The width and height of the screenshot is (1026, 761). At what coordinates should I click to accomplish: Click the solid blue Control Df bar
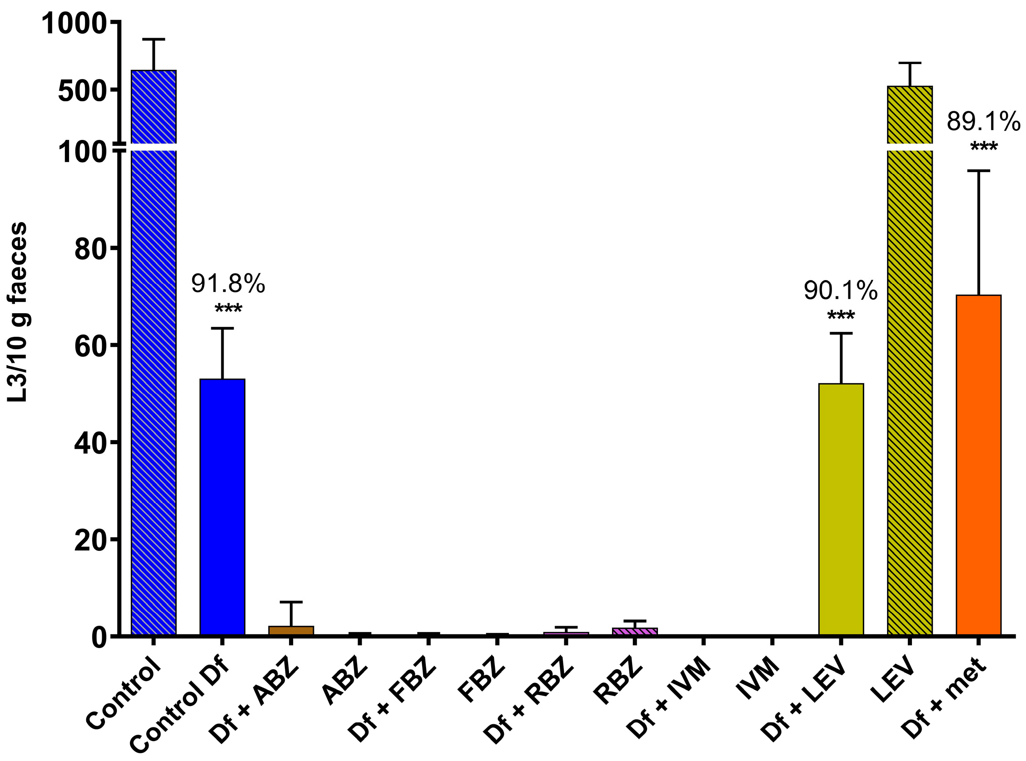tap(222, 507)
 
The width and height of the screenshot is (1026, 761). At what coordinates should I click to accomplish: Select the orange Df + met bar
tap(979, 465)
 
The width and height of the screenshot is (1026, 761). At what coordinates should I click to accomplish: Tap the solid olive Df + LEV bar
tap(841, 509)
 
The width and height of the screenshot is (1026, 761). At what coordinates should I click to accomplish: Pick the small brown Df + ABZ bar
tap(291, 630)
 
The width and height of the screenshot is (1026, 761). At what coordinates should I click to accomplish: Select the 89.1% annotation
tap(984, 123)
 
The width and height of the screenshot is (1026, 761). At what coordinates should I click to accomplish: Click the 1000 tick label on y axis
tap(74, 24)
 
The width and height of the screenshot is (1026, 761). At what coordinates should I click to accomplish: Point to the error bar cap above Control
tap(154, 40)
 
